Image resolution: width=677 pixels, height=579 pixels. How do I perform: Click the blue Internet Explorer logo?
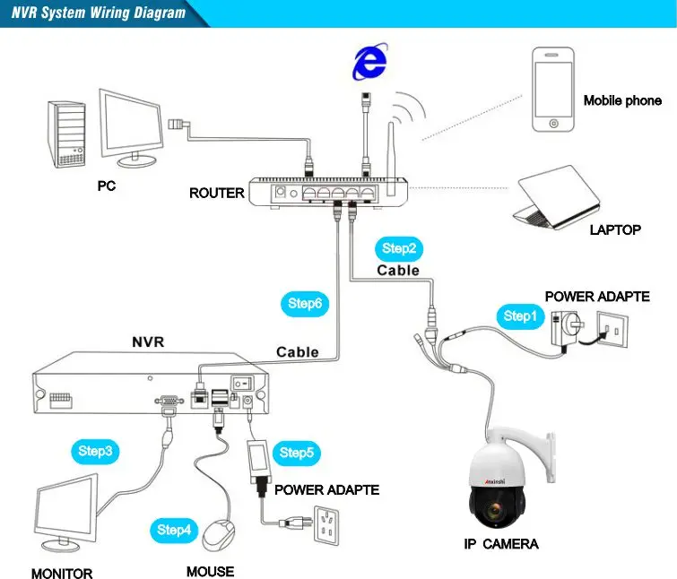[369, 61]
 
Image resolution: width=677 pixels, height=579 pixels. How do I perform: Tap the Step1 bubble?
[520, 316]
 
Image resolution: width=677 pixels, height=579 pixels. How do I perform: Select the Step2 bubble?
[399, 248]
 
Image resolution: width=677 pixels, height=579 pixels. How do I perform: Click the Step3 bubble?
[95, 452]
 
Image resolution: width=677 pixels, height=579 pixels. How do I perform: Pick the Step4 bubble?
[174, 530]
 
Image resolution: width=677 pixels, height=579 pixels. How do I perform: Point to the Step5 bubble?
[297, 453]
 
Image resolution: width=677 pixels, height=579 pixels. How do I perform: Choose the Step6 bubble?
[305, 304]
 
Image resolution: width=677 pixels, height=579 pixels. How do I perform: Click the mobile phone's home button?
[553, 124]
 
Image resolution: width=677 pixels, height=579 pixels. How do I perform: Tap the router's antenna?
[391, 159]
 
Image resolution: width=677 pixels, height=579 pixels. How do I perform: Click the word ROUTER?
[217, 193]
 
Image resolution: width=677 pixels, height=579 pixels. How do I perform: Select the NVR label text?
[148, 342]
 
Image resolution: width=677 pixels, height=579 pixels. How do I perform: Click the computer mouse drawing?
[219, 535]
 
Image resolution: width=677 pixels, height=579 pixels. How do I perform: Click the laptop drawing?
[557, 197]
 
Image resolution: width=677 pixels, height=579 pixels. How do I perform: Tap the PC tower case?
[66, 134]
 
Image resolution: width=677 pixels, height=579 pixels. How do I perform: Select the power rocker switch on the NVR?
[242, 383]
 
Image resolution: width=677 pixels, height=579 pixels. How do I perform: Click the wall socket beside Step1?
[612, 330]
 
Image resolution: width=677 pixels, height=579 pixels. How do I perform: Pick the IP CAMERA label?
[501, 544]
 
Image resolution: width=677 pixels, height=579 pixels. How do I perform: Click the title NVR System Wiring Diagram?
[99, 13]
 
